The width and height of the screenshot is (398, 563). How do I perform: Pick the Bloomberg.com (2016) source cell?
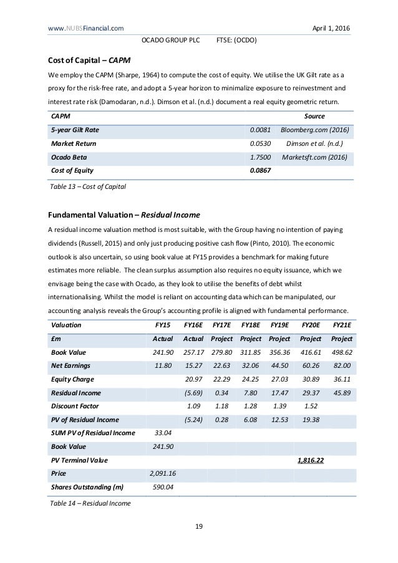click(316, 130)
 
